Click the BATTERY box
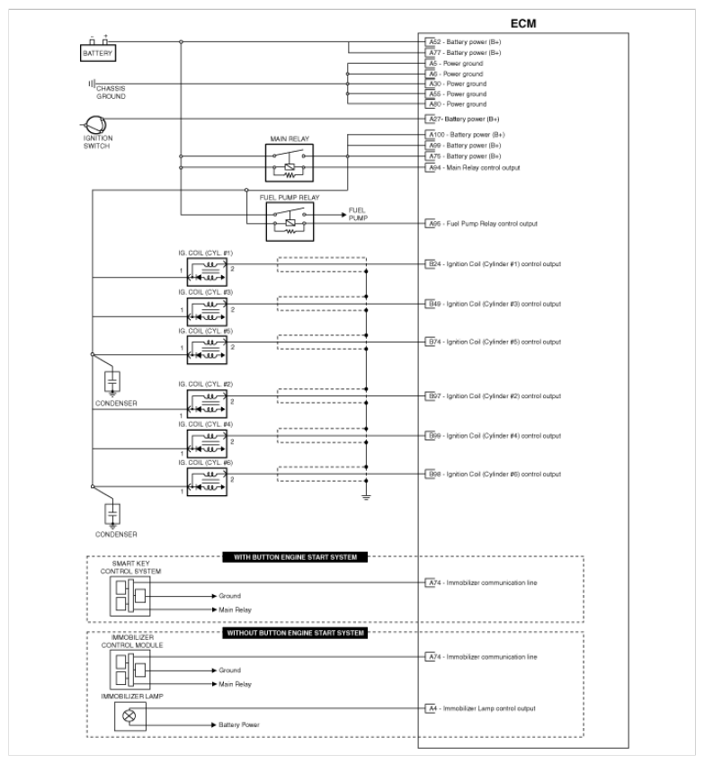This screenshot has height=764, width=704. pyautogui.click(x=98, y=53)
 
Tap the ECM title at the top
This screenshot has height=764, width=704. pyautogui.click(x=522, y=23)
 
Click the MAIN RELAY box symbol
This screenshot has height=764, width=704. pyautogui.click(x=289, y=163)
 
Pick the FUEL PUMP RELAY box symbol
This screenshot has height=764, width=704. pyautogui.click(x=289, y=219)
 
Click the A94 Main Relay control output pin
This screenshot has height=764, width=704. pyautogui.click(x=474, y=167)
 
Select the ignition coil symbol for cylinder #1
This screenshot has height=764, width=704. pyautogui.click(x=207, y=271)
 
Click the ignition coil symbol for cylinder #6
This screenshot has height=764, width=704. pyautogui.click(x=207, y=484)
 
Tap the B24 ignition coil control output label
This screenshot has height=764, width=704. pyautogui.click(x=494, y=264)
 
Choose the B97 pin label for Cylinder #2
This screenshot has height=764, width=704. pyautogui.click(x=494, y=396)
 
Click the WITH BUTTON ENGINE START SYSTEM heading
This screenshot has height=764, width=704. pyautogui.click(x=295, y=557)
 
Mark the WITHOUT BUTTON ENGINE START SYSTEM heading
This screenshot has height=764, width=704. pyautogui.click(x=294, y=633)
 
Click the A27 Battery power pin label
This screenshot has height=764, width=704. pyautogui.click(x=463, y=119)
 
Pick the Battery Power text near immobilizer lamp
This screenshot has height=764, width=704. pyautogui.click(x=238, y=724)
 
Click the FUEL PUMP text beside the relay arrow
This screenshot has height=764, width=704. pyautogui.click(x=357, y=214)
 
